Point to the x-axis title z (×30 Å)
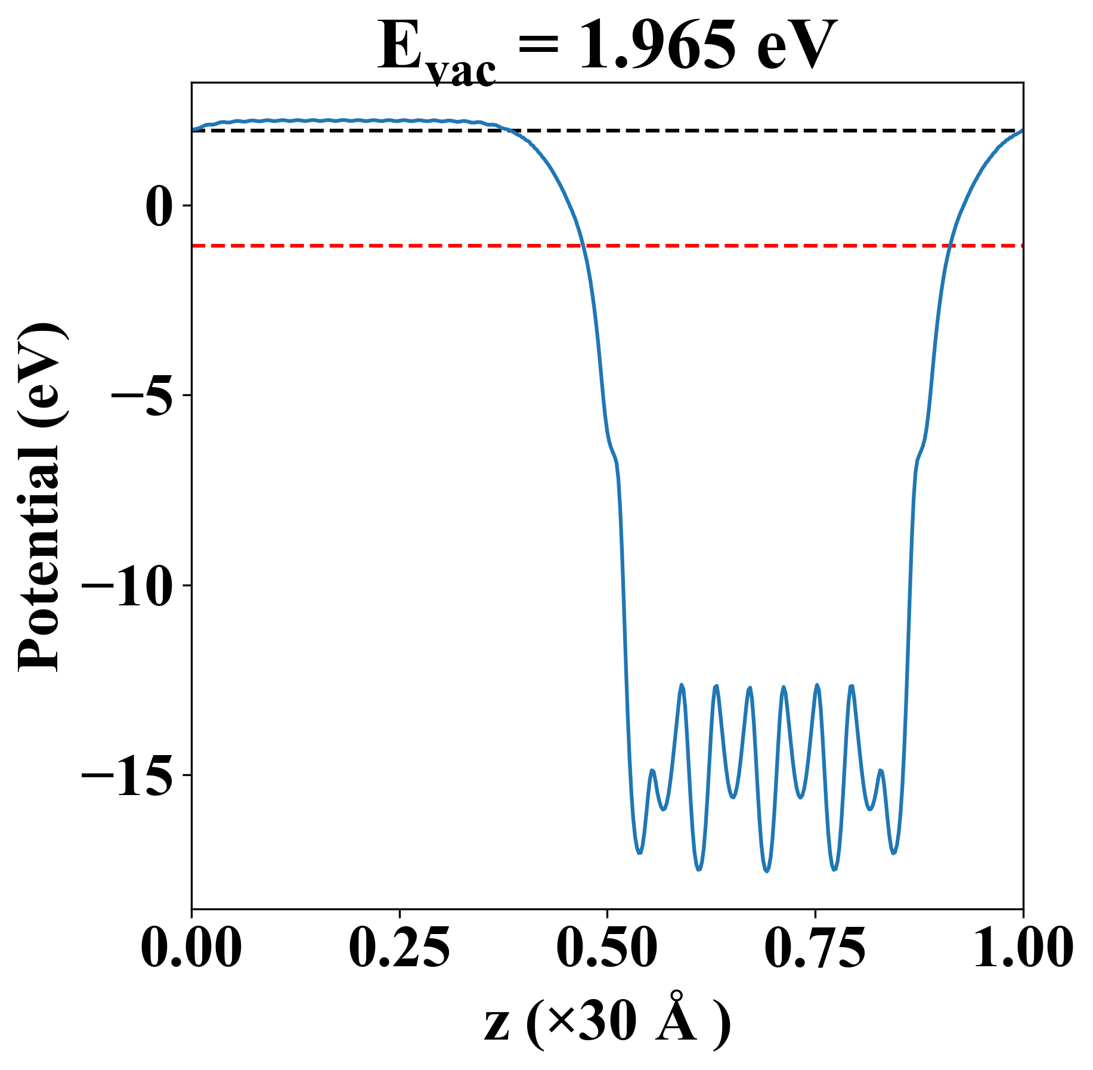click(x=606, y=1022)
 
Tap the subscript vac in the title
click(x=463, y=72)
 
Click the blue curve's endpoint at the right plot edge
click(x=1023, y=130)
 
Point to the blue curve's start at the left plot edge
click(x=192, y=129)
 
